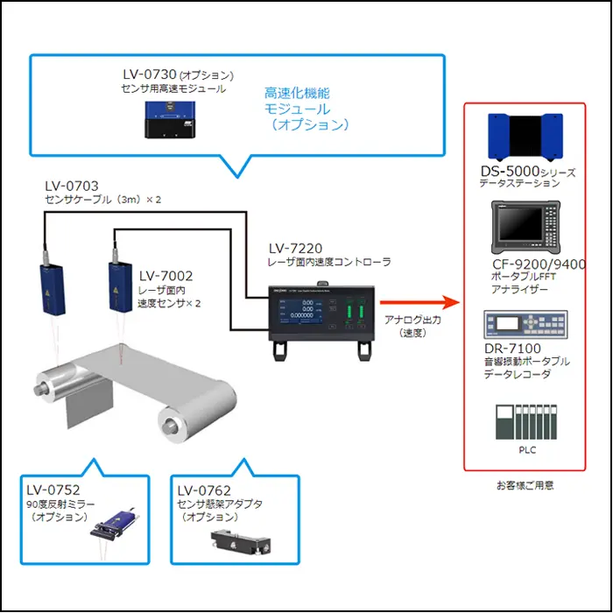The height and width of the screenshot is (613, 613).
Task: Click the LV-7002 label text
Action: tap(166, 275)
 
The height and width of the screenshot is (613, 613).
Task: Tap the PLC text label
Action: tap(525, 451)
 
